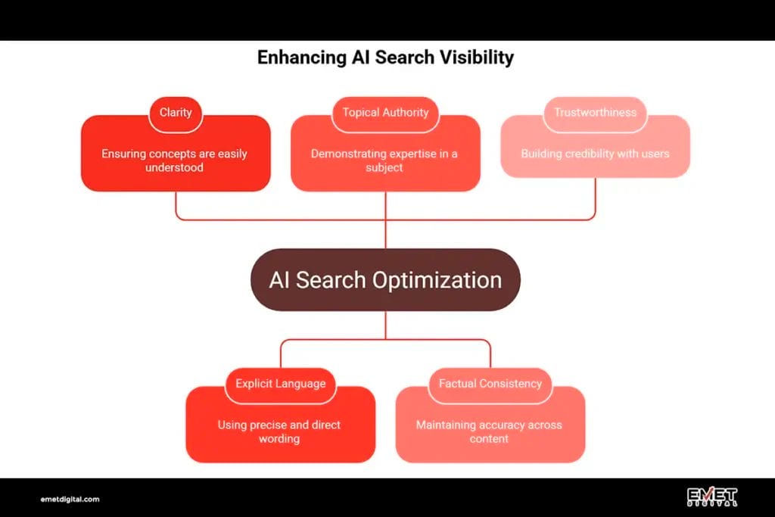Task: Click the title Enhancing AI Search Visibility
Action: point(385,58)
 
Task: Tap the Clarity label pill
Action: point(176,113)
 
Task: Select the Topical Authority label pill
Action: point(385,113)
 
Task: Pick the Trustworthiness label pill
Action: point(595,113)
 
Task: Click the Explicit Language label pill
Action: point(281,384)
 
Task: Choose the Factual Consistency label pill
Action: point(490,384)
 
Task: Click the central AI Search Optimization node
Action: point(385,280)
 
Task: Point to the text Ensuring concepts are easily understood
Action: point(175,160)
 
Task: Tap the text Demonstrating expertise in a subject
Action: point(384,160)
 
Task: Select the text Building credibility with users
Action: point(595,154)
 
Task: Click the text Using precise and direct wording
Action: point(279,431)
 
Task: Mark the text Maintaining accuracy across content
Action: point(489,431)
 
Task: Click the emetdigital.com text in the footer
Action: point(70,500)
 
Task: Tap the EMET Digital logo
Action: point(711,497)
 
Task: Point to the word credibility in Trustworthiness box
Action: point(590,154)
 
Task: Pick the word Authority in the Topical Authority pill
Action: point(406,113)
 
